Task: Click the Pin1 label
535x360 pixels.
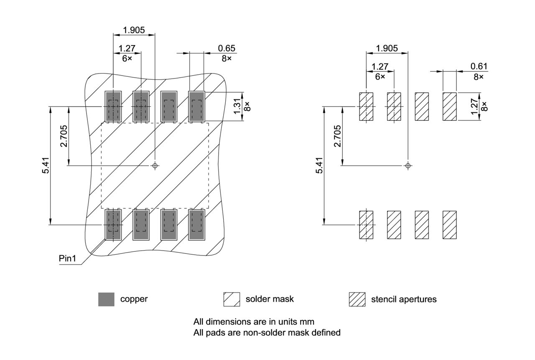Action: point(67,259)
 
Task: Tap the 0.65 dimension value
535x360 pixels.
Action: point(227,48)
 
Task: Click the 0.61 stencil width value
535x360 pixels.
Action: point(479,66)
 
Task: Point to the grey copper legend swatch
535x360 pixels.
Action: point(106,299)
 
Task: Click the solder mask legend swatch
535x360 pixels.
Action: point(232,299)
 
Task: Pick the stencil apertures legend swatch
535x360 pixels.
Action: point(357,299)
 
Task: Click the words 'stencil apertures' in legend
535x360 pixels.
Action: point(403,299)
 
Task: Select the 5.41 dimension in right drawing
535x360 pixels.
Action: point(320,165)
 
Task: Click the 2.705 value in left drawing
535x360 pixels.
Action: point(64,136)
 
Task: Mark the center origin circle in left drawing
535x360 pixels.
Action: point(155,166)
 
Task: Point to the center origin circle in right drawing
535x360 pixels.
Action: point(408,166)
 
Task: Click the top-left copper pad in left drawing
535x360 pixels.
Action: point(113,106)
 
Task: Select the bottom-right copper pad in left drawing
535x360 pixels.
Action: point(196,225)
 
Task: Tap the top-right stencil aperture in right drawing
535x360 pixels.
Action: point(450,106)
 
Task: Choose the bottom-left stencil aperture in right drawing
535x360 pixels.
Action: point(366,225)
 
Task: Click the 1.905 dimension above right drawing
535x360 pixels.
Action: point(387,48)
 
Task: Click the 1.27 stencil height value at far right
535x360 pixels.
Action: point(473,106)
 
